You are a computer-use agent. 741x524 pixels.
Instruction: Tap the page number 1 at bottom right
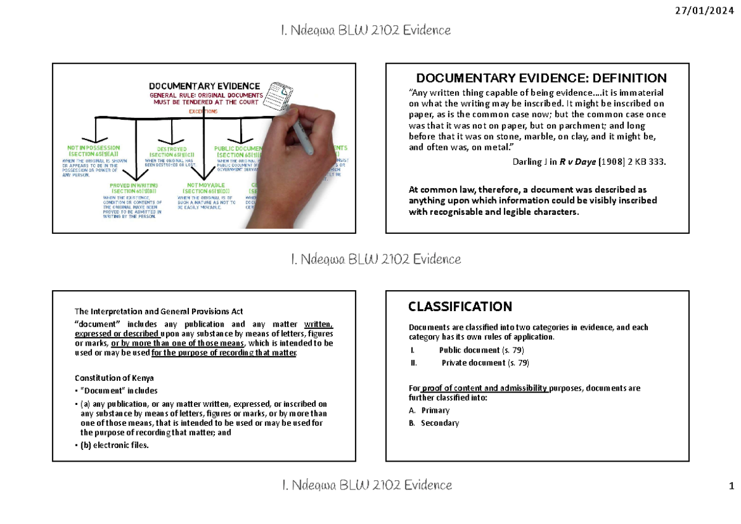(x=731, y=486)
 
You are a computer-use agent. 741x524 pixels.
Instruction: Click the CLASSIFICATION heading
(x=460, y=307)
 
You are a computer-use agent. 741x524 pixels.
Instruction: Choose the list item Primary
(x=435, y=410)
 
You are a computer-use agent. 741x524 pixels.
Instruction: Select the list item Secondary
(x=440, y=423)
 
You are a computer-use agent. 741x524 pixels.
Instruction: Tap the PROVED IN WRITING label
(x=133, y=185)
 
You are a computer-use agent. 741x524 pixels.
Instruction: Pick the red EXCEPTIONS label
(x=203, y=112)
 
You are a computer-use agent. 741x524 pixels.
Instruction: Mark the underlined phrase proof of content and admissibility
(x=485, y=388)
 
